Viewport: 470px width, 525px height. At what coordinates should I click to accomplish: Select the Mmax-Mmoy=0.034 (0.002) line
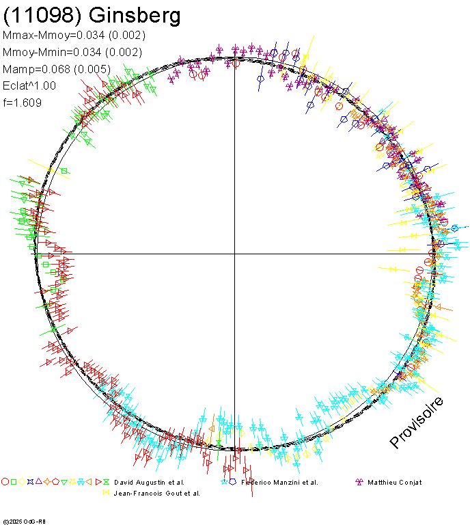74,36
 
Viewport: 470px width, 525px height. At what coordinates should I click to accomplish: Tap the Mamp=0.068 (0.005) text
68,69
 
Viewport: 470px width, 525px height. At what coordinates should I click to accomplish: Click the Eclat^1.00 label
29,86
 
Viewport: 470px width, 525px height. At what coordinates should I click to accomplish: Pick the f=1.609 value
23,103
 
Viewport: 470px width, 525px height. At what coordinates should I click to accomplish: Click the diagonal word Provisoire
417,422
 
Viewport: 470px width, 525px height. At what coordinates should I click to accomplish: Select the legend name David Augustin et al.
149,483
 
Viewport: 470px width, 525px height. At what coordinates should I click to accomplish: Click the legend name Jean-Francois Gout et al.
156,493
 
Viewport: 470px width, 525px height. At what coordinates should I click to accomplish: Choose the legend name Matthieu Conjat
395,483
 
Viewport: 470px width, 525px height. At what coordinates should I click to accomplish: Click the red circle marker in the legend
5,482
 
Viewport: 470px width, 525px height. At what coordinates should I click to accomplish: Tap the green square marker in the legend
13,482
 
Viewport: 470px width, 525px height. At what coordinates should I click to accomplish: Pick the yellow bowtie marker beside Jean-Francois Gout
106,492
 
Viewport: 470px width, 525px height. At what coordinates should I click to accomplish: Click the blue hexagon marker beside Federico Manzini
233,482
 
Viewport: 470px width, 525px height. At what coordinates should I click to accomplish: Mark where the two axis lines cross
235,254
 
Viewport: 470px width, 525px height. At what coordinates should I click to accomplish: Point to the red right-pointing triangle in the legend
98,482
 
